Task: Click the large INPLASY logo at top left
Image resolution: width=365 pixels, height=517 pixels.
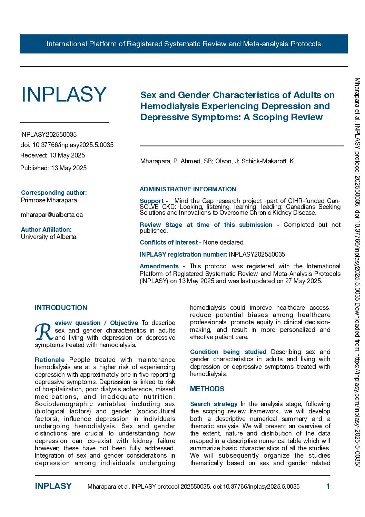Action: pyautogui.click(x=64, y=94)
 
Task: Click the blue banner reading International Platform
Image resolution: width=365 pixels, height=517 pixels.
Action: pyautogui.click(x=184, y=44)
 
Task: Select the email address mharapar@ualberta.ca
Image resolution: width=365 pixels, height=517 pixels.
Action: pyautogui.click(x=52, y=215)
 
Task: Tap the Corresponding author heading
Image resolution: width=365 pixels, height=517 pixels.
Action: pyautogui.click(x=54, y=193)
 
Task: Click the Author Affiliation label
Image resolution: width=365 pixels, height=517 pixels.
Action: pyautogui.click(x=46, y=230)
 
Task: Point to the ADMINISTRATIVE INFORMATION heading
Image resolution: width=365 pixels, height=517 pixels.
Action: pyautogui.click(x=188, y=189)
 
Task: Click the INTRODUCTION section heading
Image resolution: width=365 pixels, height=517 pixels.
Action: pyautogui.click(x=61, y=308)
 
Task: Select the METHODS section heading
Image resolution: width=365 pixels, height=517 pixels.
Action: pyautogui.click(x=207, y=389)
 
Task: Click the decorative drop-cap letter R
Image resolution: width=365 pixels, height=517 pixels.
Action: pyautogui.click(x=44, y=332)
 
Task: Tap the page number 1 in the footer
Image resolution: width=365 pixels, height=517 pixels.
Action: pyautogui.click(x=328, y=487)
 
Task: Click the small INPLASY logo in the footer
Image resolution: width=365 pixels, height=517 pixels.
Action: pyautogui.click(x=53, y=486)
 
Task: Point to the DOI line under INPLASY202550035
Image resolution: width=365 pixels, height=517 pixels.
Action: pyautogui.click(x=67, y=145)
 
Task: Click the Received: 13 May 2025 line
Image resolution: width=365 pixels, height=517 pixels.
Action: pyautogui.click(x=52, y=155)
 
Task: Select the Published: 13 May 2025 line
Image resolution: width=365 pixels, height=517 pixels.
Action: pyautogui.click(x=53, y=168)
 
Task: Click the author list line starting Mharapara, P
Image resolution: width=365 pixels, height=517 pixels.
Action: pyautogui.click(x=217, y=161)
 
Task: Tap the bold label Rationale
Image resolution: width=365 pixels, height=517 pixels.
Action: pyautogui.click(x=50, y=360)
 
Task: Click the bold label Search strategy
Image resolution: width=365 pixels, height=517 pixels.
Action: pyautogui.click(x=214, y=404)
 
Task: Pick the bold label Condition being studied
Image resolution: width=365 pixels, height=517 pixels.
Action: pyautogui.click(x=228, y=352)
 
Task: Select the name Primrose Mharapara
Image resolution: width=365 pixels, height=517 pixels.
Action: pyautogui.click(x=49, y=200)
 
